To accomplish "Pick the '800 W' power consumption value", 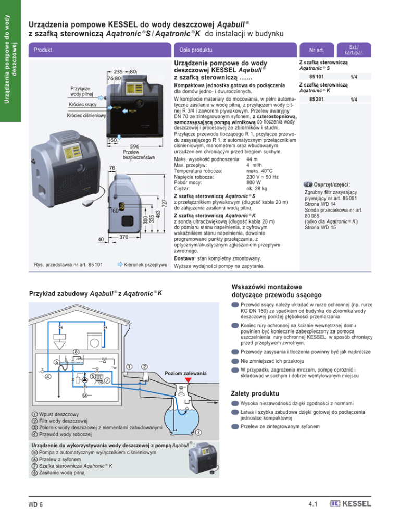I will click(254, 182).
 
